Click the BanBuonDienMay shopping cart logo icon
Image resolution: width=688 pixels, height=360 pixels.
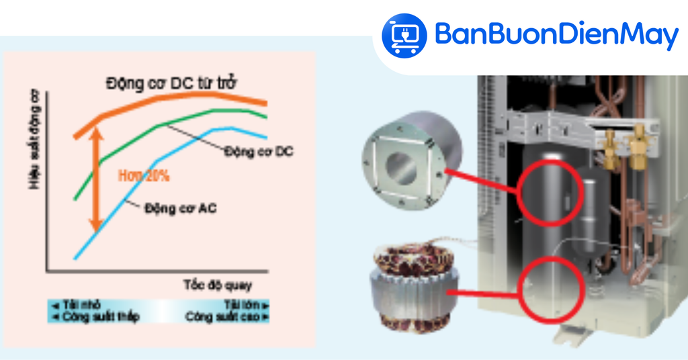coord(404,34)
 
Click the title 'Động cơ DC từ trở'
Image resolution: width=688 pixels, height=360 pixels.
coord(172,84)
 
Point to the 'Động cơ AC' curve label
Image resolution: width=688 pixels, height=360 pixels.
coord(180,208)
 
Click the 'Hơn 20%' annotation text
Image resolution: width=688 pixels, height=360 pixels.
coord(144,177)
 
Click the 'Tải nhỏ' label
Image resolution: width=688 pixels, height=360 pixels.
coord(75,304)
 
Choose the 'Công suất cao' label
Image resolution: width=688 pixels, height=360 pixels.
coord(228,316)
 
